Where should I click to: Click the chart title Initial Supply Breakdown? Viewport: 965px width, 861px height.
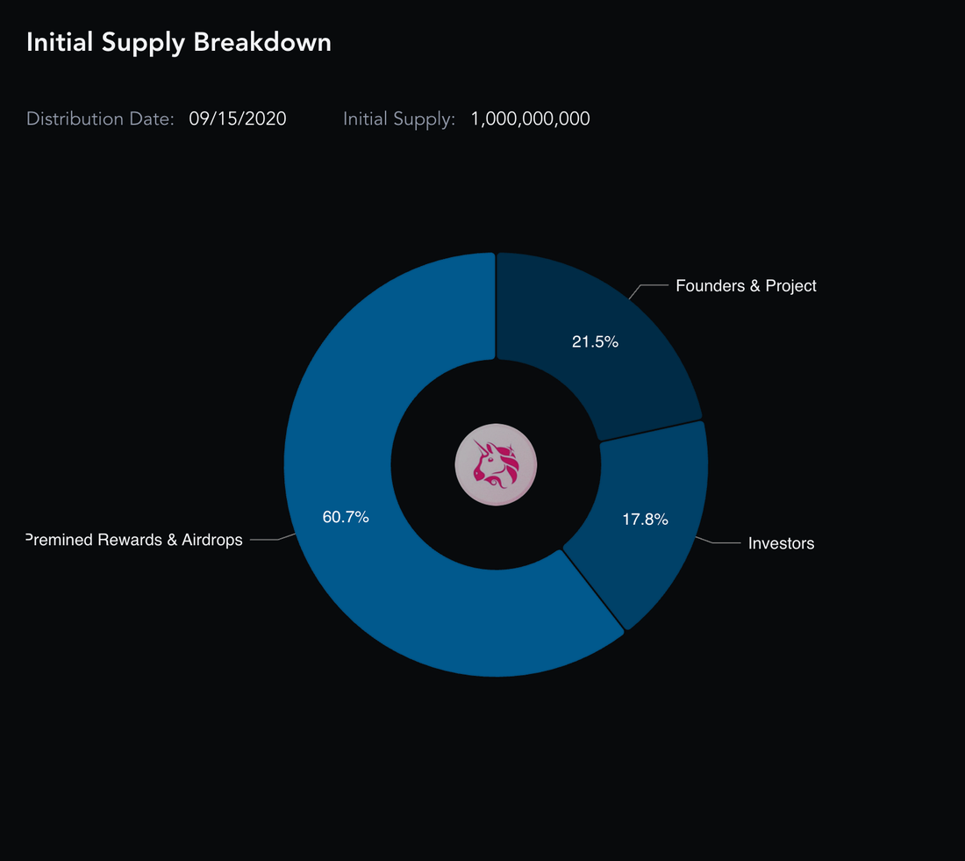click(x=179, y=42)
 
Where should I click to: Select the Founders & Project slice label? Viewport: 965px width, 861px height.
click(x=746, y=286)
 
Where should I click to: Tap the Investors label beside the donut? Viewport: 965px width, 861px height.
click(x=781, y=544)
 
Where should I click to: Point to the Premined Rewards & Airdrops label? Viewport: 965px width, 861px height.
click(x=134, y=541)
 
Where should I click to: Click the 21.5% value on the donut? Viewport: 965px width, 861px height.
click(x=595, y=342)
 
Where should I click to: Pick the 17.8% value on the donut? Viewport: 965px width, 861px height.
click(x=645, y=520)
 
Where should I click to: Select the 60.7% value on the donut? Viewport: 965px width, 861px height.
click(x=346, y=518)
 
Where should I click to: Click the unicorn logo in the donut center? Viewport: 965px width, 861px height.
click(x=496, y=464)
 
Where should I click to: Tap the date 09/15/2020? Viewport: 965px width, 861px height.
click(x=238, y=119)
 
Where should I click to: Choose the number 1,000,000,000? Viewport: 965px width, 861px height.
click(x=530, y=119)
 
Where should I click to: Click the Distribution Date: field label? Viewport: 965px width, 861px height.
click(x=100, y=119)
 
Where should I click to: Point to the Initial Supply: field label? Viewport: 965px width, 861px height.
click(x=399, y=119)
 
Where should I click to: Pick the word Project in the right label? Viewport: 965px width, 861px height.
click(x=791, y=286)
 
